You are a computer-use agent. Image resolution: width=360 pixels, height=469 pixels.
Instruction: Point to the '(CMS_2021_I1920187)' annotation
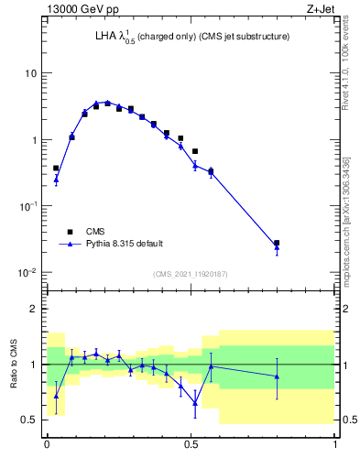tap(190, 274)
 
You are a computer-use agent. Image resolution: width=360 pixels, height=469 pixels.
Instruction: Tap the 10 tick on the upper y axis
tap(31, 73)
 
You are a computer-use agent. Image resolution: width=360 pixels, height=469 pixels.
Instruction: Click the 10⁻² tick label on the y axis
tap(28, 273)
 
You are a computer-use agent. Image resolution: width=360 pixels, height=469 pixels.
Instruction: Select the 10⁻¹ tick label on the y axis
tap(28, 206)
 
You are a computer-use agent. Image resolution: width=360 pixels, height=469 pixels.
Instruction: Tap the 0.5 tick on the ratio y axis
tap(32, 420)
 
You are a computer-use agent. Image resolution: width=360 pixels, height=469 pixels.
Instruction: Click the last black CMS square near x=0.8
tap(277, 243)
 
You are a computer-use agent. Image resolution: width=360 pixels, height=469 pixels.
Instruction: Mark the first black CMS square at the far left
tap(56, 169)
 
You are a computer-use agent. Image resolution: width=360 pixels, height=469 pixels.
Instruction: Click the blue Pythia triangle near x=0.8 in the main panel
tap(277, 247)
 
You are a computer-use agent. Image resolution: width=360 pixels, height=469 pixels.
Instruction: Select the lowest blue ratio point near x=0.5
tap(195, 402)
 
